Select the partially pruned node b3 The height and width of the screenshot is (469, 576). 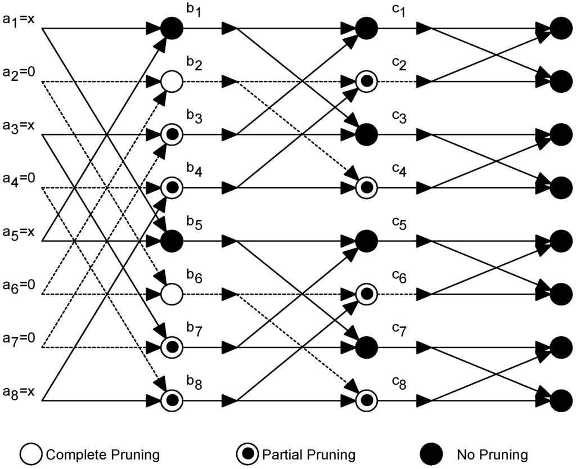pos(172,134)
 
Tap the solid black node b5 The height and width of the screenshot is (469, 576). pos(172,241)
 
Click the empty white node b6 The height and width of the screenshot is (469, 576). pos(172,294)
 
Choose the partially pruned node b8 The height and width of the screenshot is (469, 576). pos(172,400)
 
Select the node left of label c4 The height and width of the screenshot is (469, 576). pos(366,187)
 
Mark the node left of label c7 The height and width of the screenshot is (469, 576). pos(366,347)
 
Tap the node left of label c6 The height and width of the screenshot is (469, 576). pos(366,294)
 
